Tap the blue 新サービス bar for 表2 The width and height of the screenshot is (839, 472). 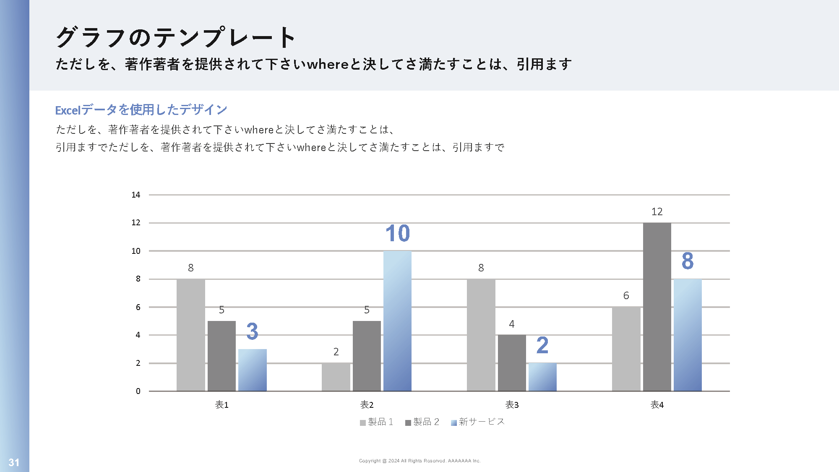point(397,321)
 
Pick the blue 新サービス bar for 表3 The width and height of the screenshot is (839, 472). point(542,377)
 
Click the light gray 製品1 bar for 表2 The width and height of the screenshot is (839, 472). point(336,377)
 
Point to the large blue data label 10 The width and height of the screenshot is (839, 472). point(397,233)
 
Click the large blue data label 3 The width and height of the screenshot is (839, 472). point(252,331)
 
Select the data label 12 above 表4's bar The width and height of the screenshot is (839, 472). point(657,212)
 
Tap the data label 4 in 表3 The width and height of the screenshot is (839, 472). point(511,324)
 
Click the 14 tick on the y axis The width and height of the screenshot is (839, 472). point(136,195)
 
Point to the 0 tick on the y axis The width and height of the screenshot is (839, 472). point(138,391)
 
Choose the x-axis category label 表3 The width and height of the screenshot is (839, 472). point(512,405)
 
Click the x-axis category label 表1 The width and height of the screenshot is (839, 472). point(221,405)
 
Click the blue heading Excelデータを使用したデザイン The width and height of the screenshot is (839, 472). point(141,110)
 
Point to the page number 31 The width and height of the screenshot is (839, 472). point(14,462)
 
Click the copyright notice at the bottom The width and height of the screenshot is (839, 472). point(419,461)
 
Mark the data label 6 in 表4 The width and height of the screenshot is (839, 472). point(626,296)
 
